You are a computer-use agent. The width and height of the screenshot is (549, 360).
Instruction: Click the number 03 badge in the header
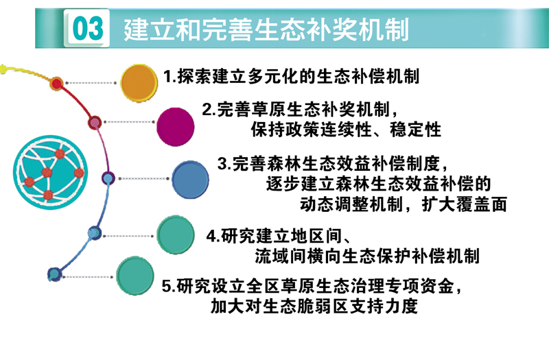tap(87, 28)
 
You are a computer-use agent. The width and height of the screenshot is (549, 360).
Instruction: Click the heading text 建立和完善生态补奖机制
tap(266, 29)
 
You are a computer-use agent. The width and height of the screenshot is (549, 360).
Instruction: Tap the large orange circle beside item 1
tap(139, 83)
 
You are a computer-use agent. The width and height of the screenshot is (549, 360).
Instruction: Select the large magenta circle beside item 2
tap(176, 127)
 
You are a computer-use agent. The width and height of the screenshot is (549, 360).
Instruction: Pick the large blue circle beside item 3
tap(190, 180)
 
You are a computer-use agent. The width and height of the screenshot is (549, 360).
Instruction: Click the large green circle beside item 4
tap(175, 235)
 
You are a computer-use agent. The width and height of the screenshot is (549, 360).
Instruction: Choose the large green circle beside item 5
tap(135, 276)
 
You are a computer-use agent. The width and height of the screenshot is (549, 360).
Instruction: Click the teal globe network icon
tap(50, 173)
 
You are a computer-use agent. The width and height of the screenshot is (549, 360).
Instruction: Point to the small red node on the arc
tap(57, 84)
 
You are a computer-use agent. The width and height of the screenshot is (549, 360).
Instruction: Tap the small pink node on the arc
tap(95, 123)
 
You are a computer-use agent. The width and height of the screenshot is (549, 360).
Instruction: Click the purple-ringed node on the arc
tap(108, 178)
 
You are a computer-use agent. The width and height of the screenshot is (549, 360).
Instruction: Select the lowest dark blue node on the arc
tap(55, 275)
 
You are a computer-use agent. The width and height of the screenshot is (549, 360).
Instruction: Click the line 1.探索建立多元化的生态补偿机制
tap(291, 76)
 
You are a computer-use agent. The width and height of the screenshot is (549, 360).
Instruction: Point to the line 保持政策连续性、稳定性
tap(346, 130)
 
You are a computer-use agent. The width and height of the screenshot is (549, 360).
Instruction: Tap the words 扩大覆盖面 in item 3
tap(465, 204)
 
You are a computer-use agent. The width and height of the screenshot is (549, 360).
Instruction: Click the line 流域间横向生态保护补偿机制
tap(367, 256)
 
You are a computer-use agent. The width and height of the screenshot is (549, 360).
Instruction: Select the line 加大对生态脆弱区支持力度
tap(314, 307)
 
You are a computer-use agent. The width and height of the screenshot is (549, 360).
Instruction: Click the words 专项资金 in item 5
tap(420, 286)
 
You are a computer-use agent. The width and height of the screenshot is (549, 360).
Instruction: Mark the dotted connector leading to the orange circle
tap(91, 83)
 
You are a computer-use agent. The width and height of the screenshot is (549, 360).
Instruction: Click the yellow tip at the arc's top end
tap(3, 69)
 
